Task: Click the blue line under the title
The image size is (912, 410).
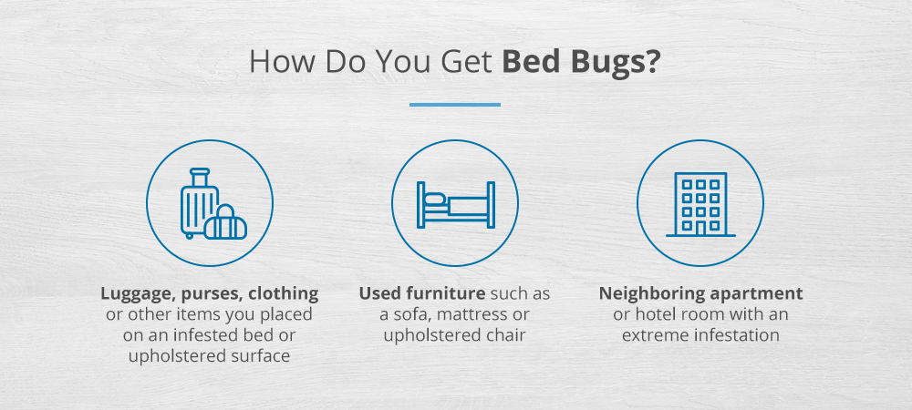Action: pos(455,105)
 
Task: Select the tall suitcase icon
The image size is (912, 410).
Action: pos(200,203)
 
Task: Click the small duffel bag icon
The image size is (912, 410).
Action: pos(225,222)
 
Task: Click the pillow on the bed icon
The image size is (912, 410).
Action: pos(436,200)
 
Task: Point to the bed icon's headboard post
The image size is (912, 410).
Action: pos(421,204)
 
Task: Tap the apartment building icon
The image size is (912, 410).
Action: pos(700,204)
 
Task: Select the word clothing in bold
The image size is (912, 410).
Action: pos(284,294)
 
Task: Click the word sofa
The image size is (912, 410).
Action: pos(406,315)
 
